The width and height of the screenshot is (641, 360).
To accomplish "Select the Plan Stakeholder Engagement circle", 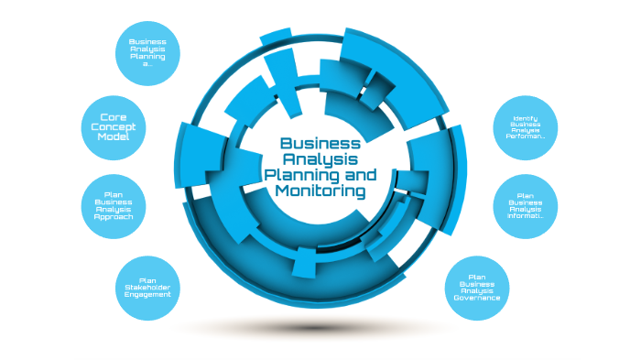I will pos(147,289).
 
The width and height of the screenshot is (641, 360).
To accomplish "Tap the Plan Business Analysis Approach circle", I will pos(119,206).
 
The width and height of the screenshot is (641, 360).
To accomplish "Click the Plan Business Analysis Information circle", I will pos(526,206).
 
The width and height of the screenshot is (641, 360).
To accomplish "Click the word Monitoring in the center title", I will pos(320,191).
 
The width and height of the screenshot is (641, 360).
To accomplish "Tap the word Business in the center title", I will pos(320,143).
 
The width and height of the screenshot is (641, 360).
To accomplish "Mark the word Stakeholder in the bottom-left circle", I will pos(147,289).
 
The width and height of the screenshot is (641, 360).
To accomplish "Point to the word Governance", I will pos(476,298).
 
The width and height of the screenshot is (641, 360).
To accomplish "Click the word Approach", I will pos(119,217).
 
